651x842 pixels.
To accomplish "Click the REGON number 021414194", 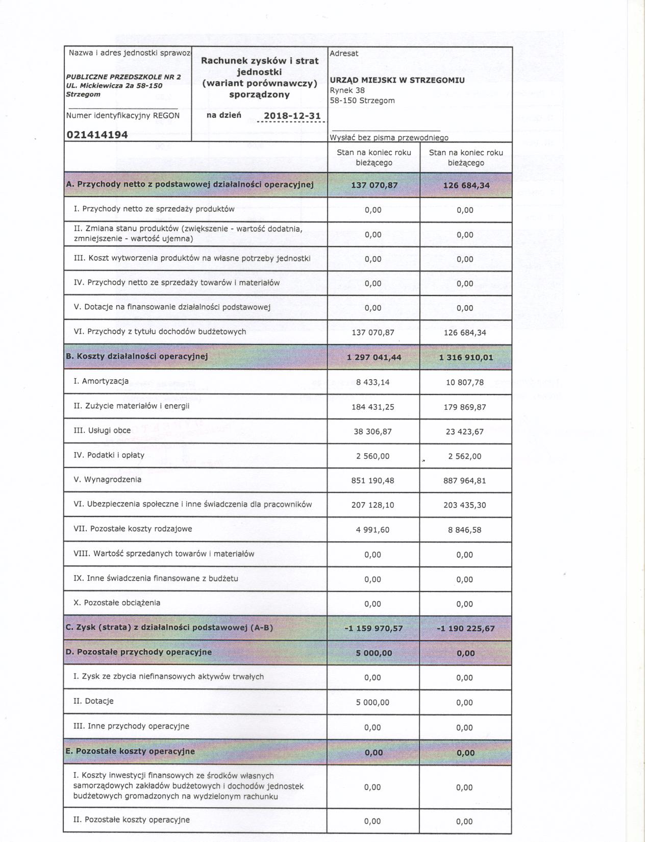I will point(97,135).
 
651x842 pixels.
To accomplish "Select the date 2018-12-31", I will point(292,116).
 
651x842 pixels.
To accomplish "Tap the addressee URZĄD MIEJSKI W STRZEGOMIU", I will point(397,80).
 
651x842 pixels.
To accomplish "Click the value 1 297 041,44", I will point(373,357).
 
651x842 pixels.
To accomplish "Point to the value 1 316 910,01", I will point(465,357).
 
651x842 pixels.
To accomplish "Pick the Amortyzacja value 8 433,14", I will point(373,382).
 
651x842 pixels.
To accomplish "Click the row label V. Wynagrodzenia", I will point(108,480).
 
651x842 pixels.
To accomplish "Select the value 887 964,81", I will point(465,481).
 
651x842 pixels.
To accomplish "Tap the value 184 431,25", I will point(373,407).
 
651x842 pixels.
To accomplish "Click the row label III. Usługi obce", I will point(102,431).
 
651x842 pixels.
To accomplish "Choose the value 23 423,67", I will point(465,432).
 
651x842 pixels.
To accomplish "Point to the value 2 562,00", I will point(465,456).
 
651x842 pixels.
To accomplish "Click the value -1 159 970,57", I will point(373,629).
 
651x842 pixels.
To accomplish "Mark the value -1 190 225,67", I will point(465,629).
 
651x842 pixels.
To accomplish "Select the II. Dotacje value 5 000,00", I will point(373,703).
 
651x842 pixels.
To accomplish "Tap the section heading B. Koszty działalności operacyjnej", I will point(137,356).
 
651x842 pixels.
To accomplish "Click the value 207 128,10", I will point(373,505).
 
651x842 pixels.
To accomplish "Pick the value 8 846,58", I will point(465,530).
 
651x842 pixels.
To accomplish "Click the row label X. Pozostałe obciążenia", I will point(117,603).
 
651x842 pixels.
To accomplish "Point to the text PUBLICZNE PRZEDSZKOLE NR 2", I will point(123,77).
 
